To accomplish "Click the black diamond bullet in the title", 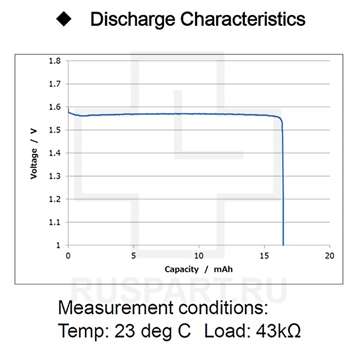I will click(64, 19).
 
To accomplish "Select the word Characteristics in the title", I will click(243, 19).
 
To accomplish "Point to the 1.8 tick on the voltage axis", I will click(55, 61).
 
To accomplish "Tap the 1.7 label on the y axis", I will click(55, 84).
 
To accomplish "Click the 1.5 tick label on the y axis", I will click(55, 130).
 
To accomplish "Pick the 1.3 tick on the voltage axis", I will click(55, 176).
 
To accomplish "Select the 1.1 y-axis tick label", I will click(55, 222).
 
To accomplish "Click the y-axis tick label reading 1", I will click(58, 245).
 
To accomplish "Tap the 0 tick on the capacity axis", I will click(68, 256).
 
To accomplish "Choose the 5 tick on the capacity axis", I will click(134, 256).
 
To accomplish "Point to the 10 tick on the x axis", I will click(199, 256).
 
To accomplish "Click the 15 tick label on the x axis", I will click(265, 256).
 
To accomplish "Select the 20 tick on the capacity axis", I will click(330, 256).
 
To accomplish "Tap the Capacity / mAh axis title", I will click(199, 269).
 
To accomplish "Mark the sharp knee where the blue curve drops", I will click(282, 121).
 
